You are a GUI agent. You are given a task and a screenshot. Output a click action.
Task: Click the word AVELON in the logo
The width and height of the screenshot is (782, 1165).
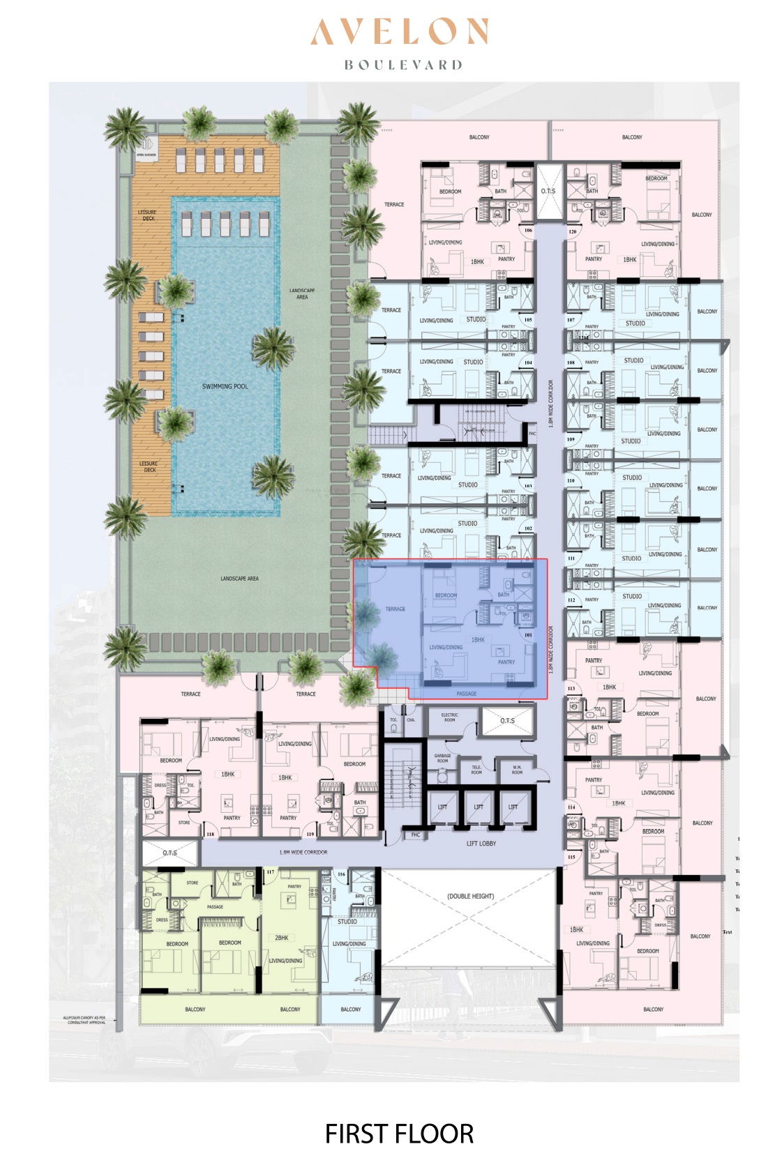pyautogui.click(x=398, y=32)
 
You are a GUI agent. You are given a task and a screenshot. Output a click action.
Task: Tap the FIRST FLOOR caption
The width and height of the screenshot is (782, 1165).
pyautogui.click(x=399, y=1134)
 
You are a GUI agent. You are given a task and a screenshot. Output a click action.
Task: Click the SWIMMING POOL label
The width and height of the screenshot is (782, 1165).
pyautogui.click(x=225, y=386)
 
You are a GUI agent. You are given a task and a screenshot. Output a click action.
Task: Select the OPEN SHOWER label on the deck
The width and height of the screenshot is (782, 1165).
pyautogui.click(x=146, y=155)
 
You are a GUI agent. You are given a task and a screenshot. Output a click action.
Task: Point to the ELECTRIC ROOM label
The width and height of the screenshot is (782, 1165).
pyautogui.click(x=450, y=717)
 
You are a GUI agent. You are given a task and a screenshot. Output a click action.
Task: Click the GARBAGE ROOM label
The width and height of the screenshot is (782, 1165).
pyautogui.click(x=442, y=759)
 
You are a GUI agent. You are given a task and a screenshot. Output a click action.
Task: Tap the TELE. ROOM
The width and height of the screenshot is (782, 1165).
pyautogui.click(x=476, y=770)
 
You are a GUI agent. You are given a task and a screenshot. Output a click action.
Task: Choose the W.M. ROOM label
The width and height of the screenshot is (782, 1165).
pyautogui.click(x=517, y=770)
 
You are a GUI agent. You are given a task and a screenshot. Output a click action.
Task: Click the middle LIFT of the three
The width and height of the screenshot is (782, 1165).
pyautogui.click(x=479, y=807)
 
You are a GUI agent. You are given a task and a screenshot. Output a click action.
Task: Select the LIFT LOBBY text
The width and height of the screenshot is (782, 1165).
pyautogui.click(x=481, y=844)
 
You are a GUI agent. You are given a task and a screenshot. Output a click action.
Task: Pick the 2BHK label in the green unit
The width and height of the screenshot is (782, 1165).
pyautogui.click(x=281, y=938)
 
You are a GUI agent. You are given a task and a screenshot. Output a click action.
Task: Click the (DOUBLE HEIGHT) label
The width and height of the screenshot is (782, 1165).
pyautogui.click(x=470, y=896)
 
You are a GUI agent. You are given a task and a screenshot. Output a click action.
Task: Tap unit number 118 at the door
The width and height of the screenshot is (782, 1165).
pyautogui.click(x=210, y=834)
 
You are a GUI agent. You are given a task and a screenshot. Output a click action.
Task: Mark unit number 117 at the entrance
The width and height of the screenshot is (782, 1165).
pyautogui.click(x=271, y=872)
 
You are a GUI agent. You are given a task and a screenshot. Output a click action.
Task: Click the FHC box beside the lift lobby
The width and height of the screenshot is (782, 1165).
pyautogui.click(x=416, y=835)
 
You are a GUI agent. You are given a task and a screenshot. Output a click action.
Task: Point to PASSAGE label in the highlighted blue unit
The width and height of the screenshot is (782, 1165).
pyautogui.click(x=467, y=694)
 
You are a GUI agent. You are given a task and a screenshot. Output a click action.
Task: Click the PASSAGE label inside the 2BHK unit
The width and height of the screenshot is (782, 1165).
pyautogui.click(x=215, y=906)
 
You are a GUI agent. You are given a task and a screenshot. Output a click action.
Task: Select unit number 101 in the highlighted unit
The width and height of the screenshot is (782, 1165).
pyautogui.click(x=528, y=635)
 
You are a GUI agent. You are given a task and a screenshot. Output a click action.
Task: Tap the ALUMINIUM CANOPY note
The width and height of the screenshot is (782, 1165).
pyautogui.click(x=84, y=1020)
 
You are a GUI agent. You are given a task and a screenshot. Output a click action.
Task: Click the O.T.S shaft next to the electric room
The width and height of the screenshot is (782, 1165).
pyautogui.click(x=508, y=720)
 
